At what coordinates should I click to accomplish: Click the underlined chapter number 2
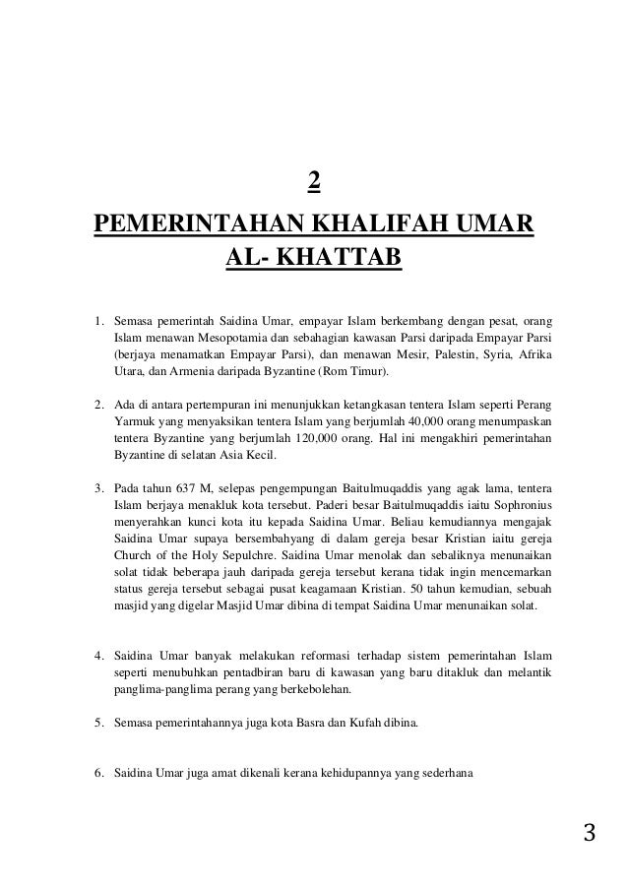pyautogui.click(x=314, y=183)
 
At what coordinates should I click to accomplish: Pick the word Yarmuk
pyautogui.click(x=135, y=420)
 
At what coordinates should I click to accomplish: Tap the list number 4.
pyautogui.click(x=98, y=655)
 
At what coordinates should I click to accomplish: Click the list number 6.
pyautogui.click(x=98, y=773)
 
